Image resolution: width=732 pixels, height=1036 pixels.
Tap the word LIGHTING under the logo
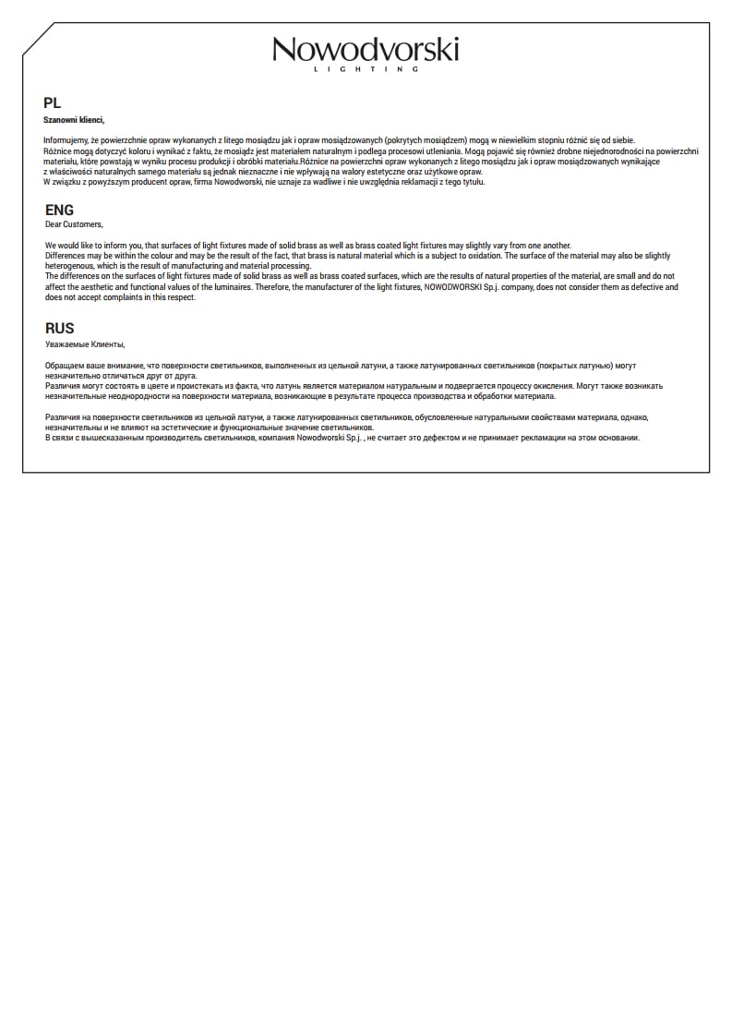[366, 69]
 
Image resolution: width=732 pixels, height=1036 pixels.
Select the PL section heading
[52, 103]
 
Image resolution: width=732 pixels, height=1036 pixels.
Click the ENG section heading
[59, 211]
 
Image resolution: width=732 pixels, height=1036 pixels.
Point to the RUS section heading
[60, 329]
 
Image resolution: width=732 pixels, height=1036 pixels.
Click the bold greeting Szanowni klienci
[74, 120]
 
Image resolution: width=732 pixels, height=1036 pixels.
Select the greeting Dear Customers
[74, 224]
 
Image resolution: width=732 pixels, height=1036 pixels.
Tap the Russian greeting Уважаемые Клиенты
[84, 344]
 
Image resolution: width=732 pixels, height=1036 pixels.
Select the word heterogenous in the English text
[69, 266]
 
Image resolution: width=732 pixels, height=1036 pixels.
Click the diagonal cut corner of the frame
[38, 39]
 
